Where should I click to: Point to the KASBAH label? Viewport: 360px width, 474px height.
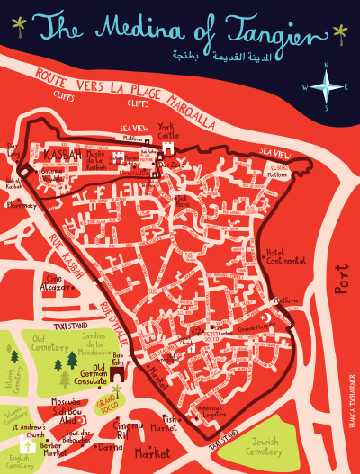(x=61, y=156)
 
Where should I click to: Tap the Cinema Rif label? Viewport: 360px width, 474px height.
(x=135, y=430)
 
